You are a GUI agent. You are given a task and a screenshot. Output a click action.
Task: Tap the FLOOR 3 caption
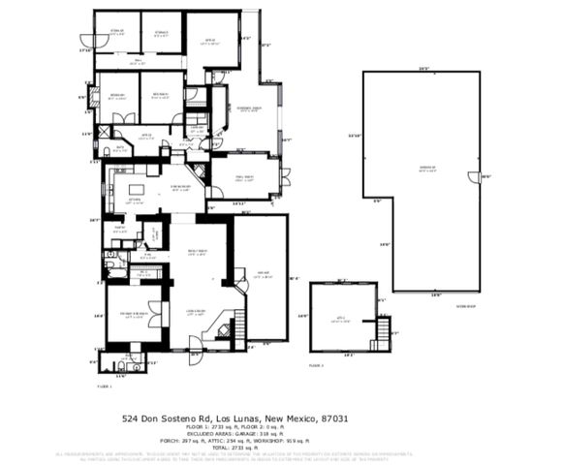[x=316, y=365]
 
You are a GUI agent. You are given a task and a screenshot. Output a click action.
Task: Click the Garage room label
[x=260, y=274]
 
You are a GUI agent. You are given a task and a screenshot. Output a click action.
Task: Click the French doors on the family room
[x=283, y=176]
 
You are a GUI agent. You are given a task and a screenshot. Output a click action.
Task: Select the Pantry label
[x=119, y=228]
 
